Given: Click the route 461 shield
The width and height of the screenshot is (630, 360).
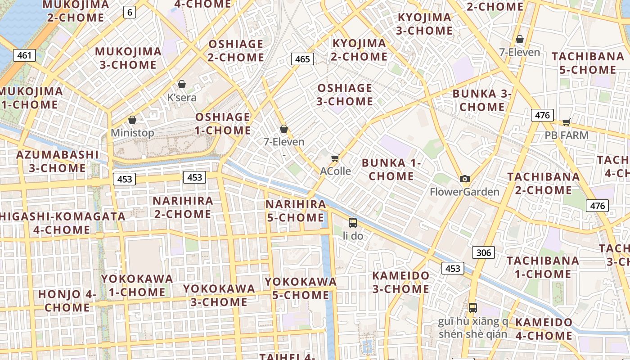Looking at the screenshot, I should click(x=24, y=55).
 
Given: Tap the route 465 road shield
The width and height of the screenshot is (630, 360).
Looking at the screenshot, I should click(x=302, y=58).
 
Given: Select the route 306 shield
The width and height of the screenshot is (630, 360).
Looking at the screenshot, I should click(x=483, y=252).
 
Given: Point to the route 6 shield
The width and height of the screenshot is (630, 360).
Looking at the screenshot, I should click(x=130, y=12).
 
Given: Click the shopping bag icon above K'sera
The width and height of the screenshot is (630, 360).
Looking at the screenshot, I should click(x=182, y=84).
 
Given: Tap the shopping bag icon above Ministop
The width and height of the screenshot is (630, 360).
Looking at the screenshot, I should click(x=132, y=120).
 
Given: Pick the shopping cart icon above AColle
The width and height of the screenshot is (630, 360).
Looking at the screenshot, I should click(x=335, y=158).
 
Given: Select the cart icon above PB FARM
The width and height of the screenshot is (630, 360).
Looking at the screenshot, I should click(x=566, y=122).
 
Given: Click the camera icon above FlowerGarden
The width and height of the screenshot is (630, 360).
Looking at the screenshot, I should click(x=465, y=179).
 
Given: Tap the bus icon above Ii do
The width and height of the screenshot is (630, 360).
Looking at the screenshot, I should click(x=353, y=222).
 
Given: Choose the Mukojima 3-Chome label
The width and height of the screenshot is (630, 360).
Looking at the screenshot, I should click(x=128, y=58).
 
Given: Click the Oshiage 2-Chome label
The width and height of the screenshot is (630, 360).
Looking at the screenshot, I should click(x=235, y=50).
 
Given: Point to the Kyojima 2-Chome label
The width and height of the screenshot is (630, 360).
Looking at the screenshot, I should click(x=359, y=49).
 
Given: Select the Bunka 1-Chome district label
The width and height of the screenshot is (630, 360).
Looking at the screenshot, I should click(x=391, y=169).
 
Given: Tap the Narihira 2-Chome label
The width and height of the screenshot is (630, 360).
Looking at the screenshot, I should click(x=182, y=207).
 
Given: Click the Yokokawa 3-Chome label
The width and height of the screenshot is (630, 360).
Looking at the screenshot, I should click(x=219, y=295).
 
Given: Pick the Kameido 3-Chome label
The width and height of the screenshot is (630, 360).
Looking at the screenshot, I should click(x=400, y=282).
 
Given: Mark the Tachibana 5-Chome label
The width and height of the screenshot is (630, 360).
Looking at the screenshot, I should click(x=588, y=63).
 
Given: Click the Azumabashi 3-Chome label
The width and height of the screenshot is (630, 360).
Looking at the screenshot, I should click(x=57, y=161).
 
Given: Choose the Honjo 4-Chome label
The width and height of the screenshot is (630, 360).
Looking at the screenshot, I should click(x=67, y=301).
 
